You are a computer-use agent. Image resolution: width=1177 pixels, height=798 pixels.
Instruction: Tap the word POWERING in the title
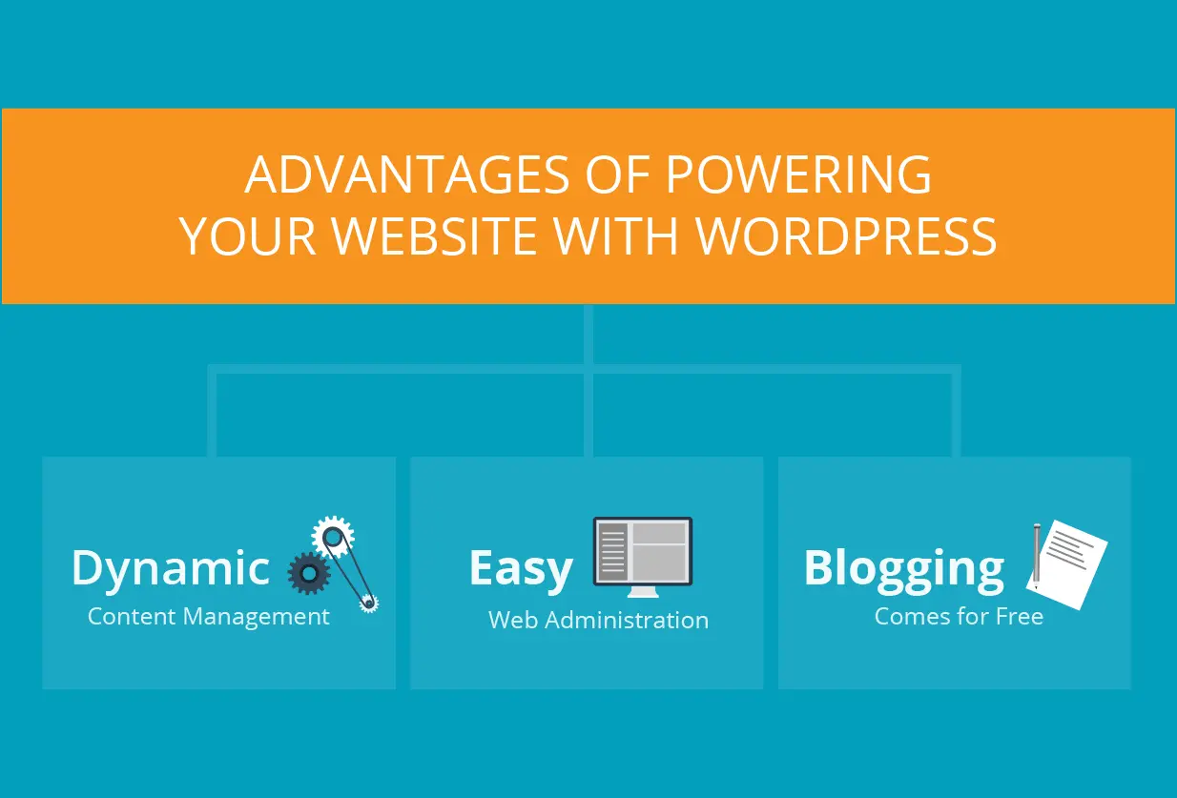tap(798, 174)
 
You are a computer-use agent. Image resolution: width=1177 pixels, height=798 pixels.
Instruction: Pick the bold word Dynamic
tap(171, 569)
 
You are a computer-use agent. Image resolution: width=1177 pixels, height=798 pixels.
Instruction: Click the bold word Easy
tap(521, 568)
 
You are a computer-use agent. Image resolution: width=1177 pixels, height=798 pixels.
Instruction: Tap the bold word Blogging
tap(903, 569)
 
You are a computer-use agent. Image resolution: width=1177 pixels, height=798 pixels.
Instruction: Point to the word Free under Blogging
tap(1020, 616)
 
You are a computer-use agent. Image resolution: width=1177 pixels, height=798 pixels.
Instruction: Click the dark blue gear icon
tap(309, 572)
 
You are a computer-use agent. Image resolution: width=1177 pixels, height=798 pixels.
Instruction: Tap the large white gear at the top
tap(333, 538)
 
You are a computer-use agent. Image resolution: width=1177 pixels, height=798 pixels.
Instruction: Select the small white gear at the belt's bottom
tap(367, 602)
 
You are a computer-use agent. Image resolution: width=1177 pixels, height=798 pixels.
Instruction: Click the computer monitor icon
tap(642, 552)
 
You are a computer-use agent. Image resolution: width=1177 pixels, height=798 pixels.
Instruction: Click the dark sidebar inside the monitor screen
tap(611, 550)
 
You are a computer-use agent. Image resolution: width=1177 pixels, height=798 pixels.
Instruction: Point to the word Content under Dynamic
tap(131, 617)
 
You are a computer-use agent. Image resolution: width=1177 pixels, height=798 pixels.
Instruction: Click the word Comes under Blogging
tap(907, 616)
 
